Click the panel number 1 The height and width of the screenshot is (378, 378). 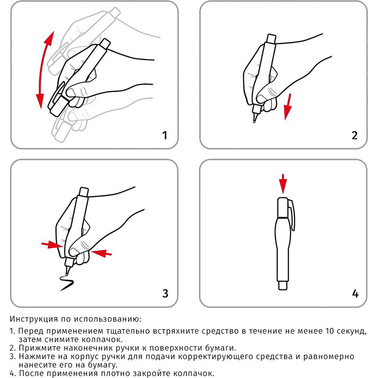pyautogui.click(x=164, y=136)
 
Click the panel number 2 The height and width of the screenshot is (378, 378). pyautogui.click(x=355, y=136)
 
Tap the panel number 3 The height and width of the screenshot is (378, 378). pyautogui.click(x=165, y=293)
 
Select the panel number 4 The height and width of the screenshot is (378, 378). pyautogui.click(x=355, y=293)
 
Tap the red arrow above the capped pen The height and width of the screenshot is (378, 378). pyautogui.click(x=283, y=184)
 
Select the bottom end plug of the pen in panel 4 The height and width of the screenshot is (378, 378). pyautogui.click(x=282, y=285)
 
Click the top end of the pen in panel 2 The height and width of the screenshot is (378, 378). pyautogui.click(x=271, y=38)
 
